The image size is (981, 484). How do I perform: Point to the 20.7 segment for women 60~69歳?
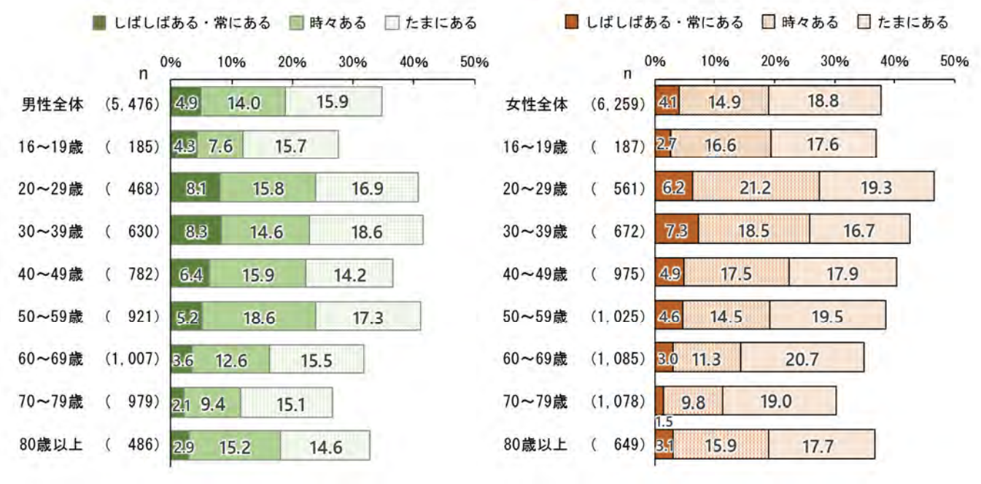click(x=802, y=358)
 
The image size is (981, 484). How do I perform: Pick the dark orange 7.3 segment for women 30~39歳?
click(x=676, y=231)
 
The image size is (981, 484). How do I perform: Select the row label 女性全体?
click(x=536, y=104)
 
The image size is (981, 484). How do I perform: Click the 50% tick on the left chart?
click(x=473, y=62)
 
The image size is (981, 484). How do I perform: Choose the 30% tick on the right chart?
click(x=834, y=62)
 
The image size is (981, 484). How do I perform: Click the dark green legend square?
click(x=101, y=23)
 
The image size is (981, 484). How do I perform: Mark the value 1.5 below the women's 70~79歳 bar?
click(x=663, y=421)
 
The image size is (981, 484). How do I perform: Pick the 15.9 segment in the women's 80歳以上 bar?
click(x=720, y=445)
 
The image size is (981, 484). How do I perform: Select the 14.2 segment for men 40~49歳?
click(x=349, y=274)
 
